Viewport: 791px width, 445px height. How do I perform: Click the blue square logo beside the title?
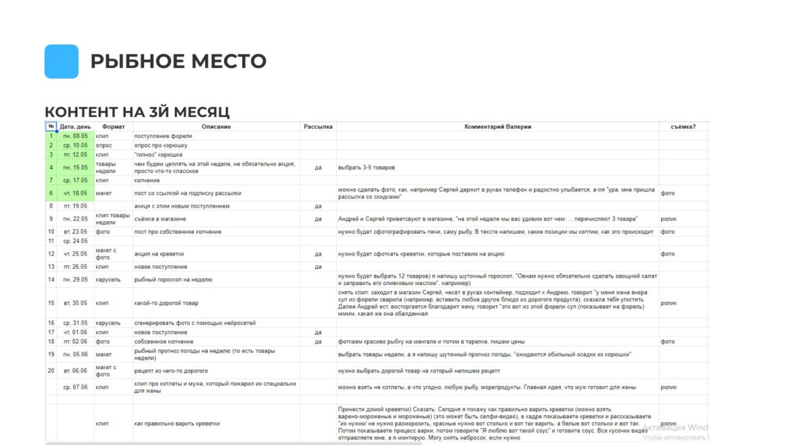click(61, 61)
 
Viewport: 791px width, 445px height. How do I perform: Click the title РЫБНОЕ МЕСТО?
click(178, 61)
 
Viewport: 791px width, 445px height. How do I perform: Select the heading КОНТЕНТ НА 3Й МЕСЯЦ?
click(137, 112)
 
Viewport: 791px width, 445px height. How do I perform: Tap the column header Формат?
click(113, 126)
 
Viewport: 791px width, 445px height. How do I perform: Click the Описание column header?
click(216, 126)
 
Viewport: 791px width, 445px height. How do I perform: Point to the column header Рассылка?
click(318, 126)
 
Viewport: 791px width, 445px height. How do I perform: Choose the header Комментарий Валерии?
click(497, 126)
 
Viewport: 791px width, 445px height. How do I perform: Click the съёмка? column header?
click(683, 126)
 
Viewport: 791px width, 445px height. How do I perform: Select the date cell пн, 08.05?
click(75, 136)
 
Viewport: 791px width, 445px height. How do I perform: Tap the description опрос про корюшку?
click(161, 145)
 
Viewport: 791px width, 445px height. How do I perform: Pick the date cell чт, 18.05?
click(75, 194)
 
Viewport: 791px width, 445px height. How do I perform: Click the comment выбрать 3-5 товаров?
click(366, 167)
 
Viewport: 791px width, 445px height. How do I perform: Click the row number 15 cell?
click(51, 303)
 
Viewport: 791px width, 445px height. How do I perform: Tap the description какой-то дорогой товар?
click(166, 303)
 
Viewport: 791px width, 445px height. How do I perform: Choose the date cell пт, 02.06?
click(75, 341)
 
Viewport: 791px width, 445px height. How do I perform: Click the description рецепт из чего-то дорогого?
click(171, 371)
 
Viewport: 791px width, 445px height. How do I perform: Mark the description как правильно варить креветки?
click(177, 423)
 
